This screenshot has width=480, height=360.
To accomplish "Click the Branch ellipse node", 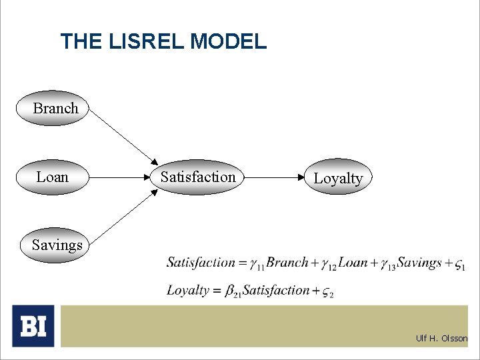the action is click(x=52, y=108).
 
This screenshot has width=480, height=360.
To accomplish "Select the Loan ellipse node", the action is click(x=52, y=177).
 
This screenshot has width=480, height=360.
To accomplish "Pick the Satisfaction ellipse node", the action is click(x=198, y=177).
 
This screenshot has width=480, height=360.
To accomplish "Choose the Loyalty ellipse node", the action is click(x=338, y=178).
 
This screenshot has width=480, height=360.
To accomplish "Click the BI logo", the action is click(x=33, y=326).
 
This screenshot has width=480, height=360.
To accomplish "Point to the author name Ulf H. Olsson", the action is click(x=441, y=338).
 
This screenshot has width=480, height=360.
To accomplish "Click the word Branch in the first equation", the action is click(x=287, y=263).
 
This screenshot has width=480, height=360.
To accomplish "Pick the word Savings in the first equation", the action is click(x=419, y=263).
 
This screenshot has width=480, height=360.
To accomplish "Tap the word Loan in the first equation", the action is click(x=353, y=263).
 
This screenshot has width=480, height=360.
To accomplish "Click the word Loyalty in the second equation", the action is click(x=187, y=291).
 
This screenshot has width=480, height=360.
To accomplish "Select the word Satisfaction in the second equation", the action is click(x=276, y=291).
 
